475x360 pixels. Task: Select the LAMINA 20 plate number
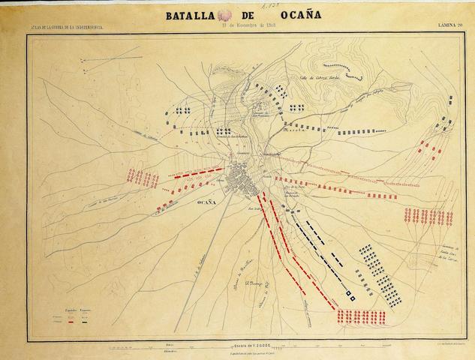[x=455, y=26]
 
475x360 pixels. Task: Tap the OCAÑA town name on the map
[x=206, y=203]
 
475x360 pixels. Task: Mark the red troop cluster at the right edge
[x=428, y=217]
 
